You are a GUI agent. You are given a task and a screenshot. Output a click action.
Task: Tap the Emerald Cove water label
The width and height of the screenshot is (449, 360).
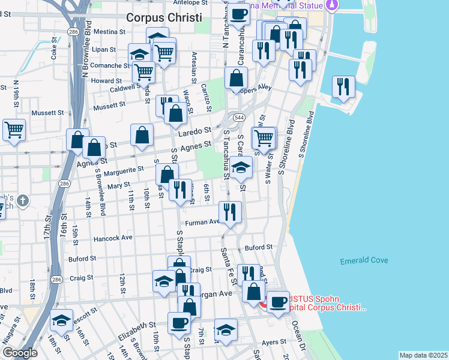click(x=364, y=260)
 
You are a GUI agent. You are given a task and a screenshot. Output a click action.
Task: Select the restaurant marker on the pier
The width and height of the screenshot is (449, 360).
click(x=343, y=86)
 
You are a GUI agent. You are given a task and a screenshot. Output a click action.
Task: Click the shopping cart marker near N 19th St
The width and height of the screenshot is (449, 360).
click(x=14, y=129)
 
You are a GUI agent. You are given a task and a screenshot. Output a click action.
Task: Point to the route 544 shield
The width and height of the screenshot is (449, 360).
click(x=240, y=117)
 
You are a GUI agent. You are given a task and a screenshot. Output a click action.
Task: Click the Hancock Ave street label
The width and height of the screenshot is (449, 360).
click(x=113, y=238)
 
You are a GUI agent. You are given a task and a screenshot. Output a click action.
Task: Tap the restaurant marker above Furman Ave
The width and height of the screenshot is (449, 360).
click(x=230, y=212)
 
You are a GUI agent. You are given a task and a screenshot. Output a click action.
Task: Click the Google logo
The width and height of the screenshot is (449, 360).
click(x=20, y=353)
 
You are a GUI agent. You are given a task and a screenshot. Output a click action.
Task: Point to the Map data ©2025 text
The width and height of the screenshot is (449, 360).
click(x=423, y=355)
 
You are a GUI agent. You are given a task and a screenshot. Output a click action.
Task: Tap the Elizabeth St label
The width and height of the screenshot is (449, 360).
click(x=137, y=329)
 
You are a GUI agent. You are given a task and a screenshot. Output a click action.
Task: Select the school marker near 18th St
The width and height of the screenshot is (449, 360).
click(x=61, y=320)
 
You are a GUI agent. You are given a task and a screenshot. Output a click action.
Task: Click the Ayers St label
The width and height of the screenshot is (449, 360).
click(x=276, y=342)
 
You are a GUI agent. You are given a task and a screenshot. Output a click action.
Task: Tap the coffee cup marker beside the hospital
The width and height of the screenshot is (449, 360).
click(x=278, y=302)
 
